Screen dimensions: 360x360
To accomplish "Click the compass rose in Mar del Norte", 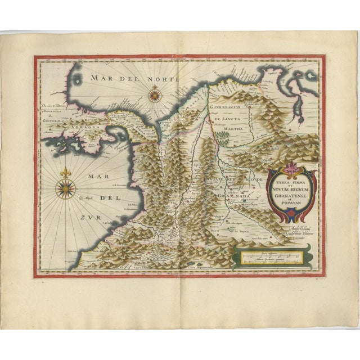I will [x=154, y=95].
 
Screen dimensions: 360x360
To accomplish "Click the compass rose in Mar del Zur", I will [x=66, y=189].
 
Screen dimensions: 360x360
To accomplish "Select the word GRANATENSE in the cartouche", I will [x=291, y=191].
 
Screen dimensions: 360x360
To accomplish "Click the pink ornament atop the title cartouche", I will [x=292, y=166].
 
